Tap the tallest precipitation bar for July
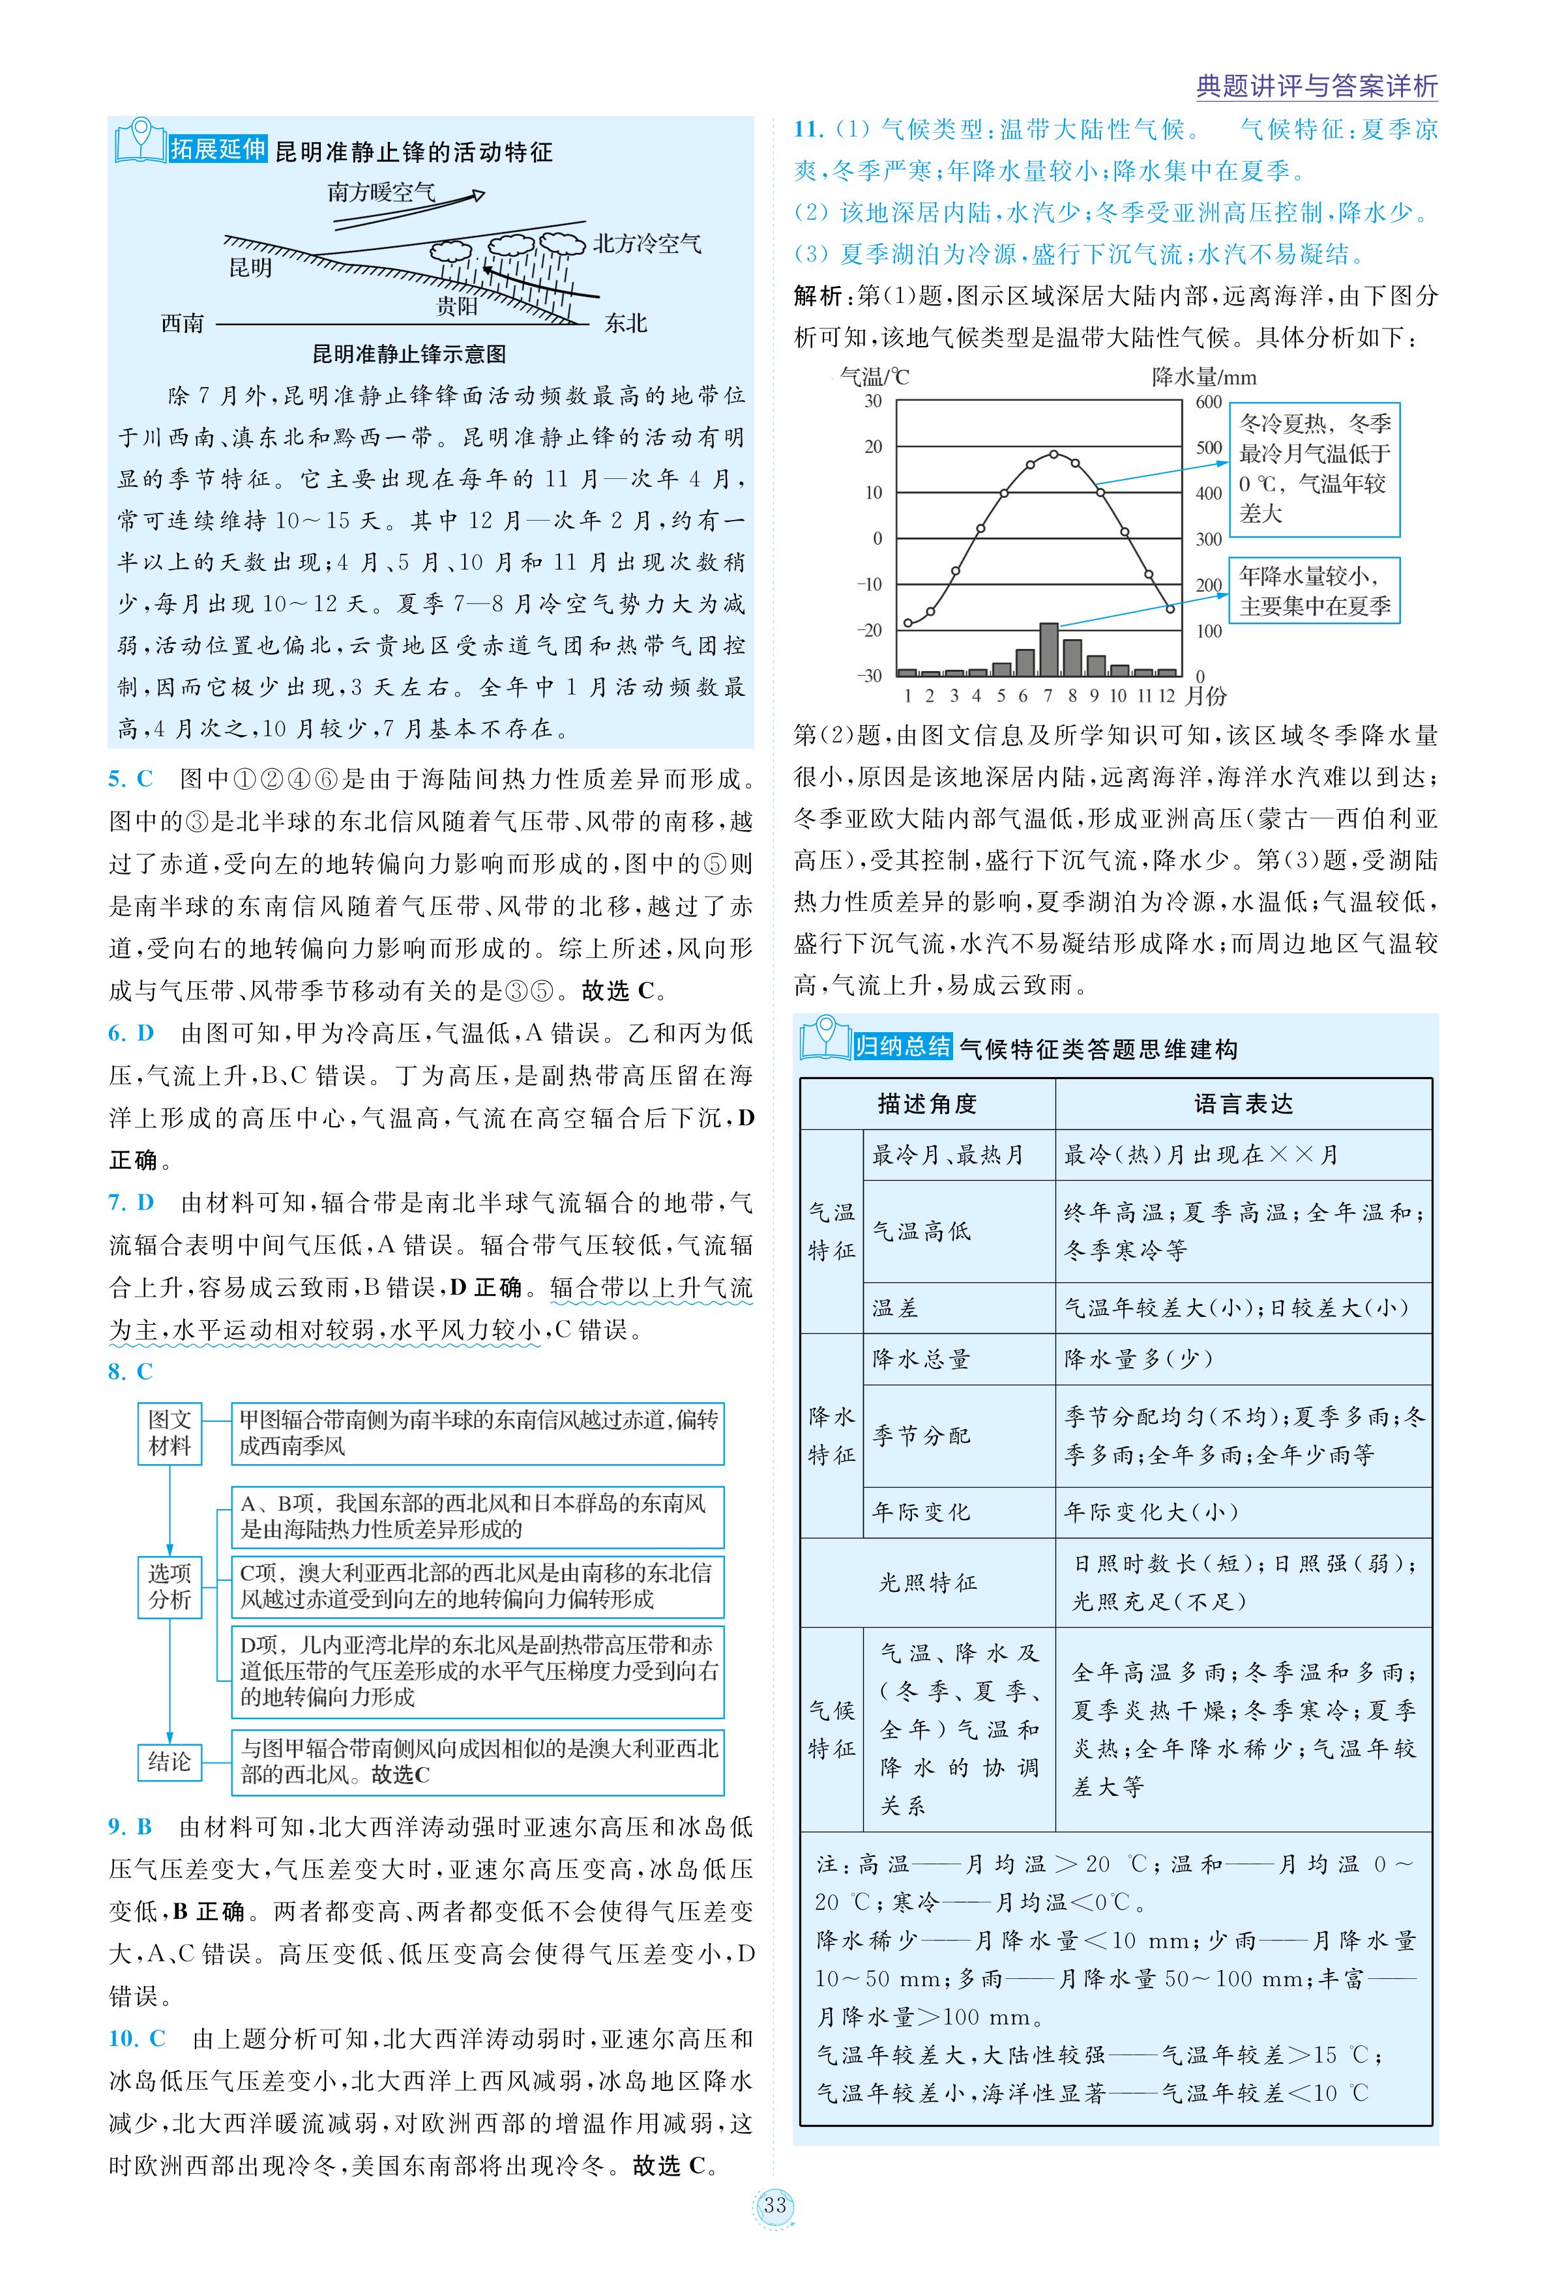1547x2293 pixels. pos(1049,648)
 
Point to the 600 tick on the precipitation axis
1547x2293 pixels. pos(1209,401)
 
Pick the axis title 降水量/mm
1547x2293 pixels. pos(1203,377)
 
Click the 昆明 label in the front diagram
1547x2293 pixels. pos(250,267)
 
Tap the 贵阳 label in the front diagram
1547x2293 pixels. pos(457,306)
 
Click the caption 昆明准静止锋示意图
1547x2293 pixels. pos(409,353)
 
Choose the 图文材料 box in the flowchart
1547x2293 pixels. pos(169,1433)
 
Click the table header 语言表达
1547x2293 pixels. pos(1243,1104)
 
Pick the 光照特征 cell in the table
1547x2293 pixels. pos(928,1582)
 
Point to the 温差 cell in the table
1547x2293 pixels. pos(895,1308)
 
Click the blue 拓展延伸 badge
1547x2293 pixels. pos(218,149)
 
